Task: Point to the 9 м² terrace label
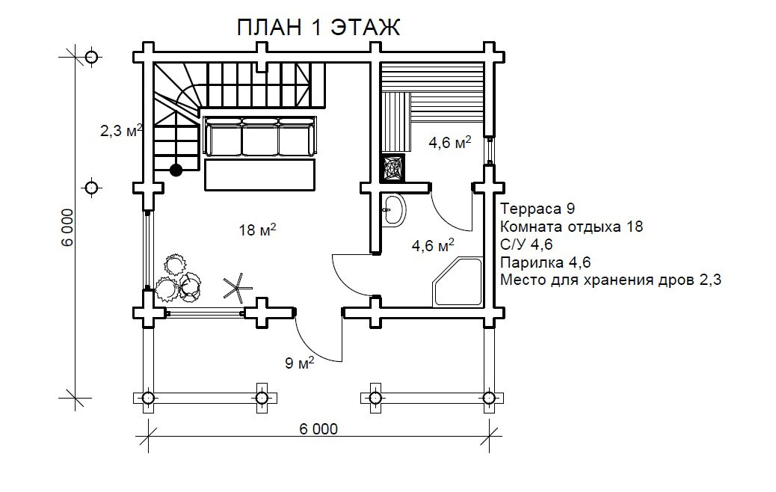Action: pos(299,364)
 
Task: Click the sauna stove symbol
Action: pos(393,168)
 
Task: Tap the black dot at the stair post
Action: pos(176,170)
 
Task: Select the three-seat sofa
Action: pos(260,137)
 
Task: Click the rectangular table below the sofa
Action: pos(260,175)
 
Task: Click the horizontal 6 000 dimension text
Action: pos(318,429)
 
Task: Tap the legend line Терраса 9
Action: pos(537,209)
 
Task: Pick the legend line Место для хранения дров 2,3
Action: pos(609,280)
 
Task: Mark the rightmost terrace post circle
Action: pos(488,397)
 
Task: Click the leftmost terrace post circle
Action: pos(148,397)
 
